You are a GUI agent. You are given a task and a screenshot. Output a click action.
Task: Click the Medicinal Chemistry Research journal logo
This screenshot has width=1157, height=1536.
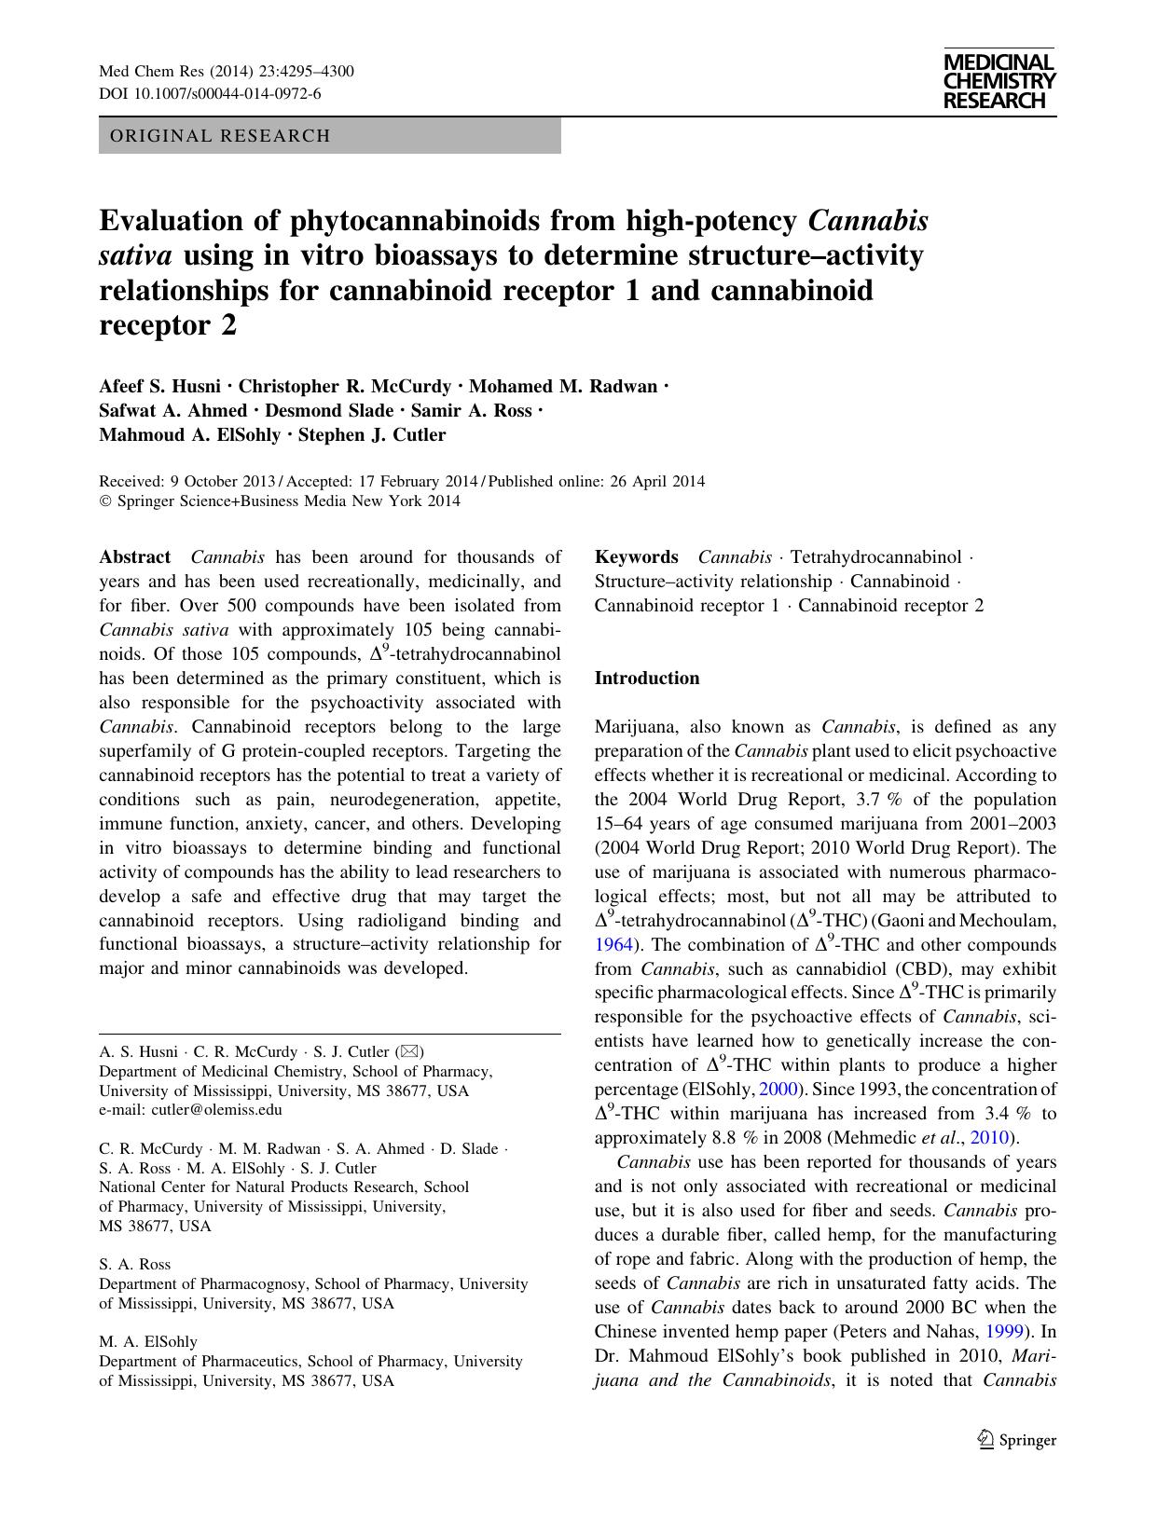pos(999,81)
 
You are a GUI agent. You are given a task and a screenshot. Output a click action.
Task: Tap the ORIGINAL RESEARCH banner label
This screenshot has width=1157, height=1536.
pos(220,136)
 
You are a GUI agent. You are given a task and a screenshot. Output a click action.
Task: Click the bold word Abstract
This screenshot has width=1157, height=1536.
pos(135,557)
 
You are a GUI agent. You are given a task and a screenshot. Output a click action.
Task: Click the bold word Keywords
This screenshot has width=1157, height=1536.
pos(636,557)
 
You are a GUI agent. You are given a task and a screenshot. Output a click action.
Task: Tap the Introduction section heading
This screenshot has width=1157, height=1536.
pos(647,679)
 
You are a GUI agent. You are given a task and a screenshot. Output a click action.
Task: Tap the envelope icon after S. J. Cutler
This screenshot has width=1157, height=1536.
pos(409,1052)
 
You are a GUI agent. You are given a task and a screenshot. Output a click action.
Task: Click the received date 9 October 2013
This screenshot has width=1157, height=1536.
pos(222,482)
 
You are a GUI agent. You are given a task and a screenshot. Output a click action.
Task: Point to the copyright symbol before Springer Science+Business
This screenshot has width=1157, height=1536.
pos(104,501)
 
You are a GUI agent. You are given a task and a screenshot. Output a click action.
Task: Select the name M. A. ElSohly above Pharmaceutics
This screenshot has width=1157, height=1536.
pos(148,1342)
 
